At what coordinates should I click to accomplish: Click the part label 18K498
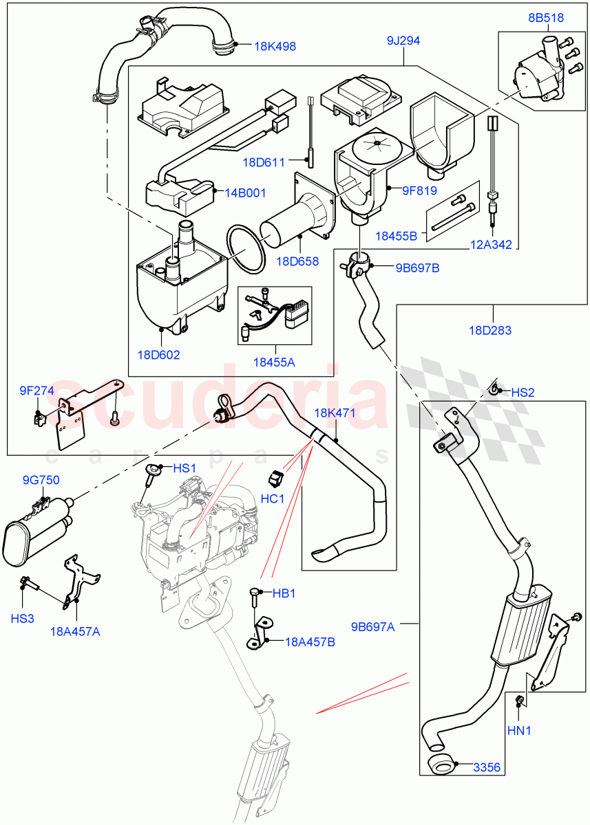pos(275,47)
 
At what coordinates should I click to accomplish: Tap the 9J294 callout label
pos(403,41)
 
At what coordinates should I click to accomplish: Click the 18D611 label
pos(264,163)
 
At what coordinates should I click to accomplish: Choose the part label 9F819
pos(411,187)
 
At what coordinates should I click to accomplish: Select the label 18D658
pos(297,261)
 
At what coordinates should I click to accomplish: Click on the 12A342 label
pos(490,245)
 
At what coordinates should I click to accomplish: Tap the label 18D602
pos(158,355)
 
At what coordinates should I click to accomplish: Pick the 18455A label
pos(273,362)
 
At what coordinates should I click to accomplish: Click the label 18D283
pos(490,331)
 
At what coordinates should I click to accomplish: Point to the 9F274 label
pos(36,391)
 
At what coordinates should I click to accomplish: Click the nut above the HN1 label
pos(520,701)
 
